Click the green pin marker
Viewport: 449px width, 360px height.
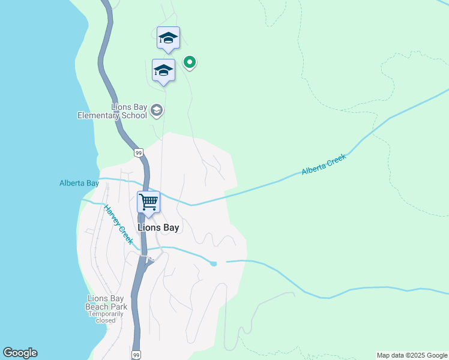click(190, 62)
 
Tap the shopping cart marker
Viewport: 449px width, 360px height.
click(148, 202)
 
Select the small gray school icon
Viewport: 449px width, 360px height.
click(157, 110)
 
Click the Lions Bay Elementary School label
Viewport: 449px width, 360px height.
click(112, 111)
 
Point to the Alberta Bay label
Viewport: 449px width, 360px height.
click(79, 184)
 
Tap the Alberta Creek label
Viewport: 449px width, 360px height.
click(324, 164)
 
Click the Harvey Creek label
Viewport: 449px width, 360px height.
click(118, 224)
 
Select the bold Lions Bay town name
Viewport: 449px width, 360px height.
click(158, 227)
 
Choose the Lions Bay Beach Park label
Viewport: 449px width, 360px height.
click(107, 302)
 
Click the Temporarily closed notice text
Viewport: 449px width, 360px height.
click(107, 317)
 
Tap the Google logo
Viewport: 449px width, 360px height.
click(20, 353)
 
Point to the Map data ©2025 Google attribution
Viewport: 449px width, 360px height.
click(412, 355)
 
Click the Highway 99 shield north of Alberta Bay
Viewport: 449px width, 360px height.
click(139, 153)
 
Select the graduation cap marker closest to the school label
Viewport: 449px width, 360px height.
click(163, 70)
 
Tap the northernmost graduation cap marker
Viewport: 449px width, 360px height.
click(168, 38)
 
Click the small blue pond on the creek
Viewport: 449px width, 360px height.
click(213, 263)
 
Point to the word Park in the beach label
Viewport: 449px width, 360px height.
click(118, 307)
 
